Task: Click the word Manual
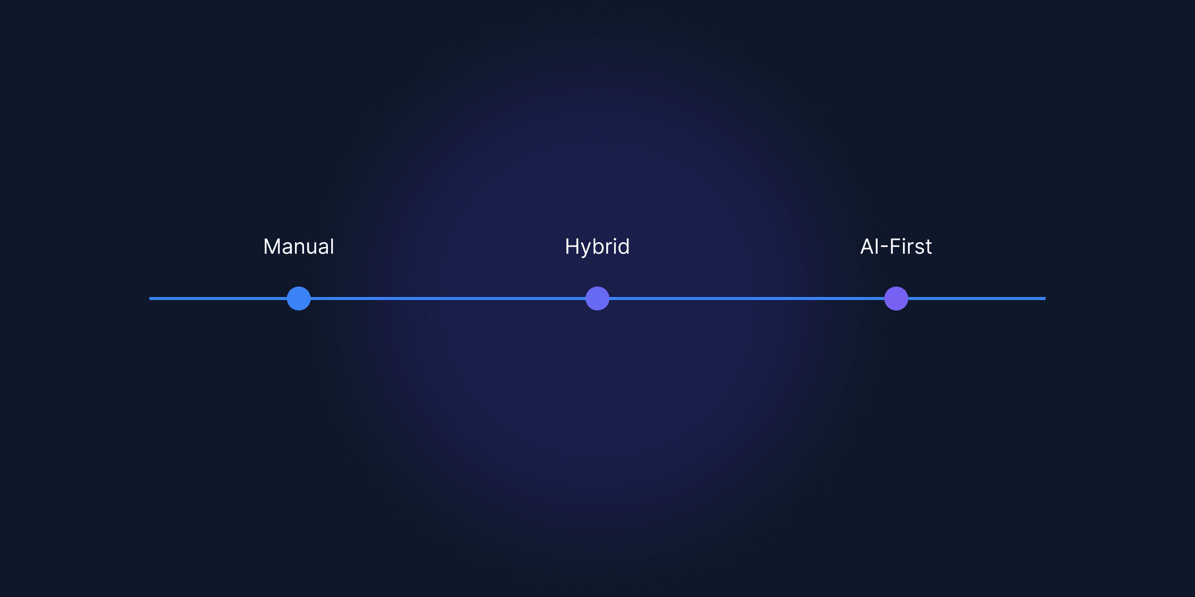299,247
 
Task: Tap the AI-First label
896,247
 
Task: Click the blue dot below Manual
299,298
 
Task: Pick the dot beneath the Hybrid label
597,298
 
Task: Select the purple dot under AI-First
896,298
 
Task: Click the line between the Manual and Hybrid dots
448,298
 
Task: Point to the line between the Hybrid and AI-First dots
747,298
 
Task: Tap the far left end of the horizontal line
150,298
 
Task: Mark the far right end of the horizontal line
1045,298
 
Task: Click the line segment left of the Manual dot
218,298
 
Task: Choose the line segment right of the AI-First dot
977,298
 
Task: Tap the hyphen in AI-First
884,248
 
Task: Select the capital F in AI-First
895,246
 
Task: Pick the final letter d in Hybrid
624,246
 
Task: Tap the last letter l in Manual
332,246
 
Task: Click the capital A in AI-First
868,246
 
